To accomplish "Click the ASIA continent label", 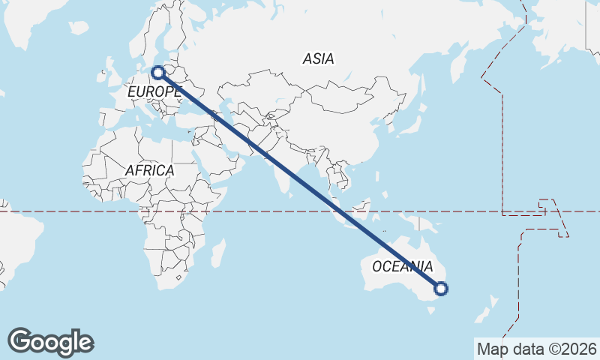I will (319, 58).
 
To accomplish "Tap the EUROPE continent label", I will (154, 91).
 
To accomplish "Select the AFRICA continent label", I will (149, 170).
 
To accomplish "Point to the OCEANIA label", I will (402, 266).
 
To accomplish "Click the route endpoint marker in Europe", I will (157, 73).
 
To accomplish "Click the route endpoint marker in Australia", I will (441, 288).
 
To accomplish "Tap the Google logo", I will (50, 342).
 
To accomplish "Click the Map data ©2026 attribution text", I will (536, 349).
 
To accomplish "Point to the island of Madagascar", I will (217, 253).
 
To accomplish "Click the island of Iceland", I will (79, 28).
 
